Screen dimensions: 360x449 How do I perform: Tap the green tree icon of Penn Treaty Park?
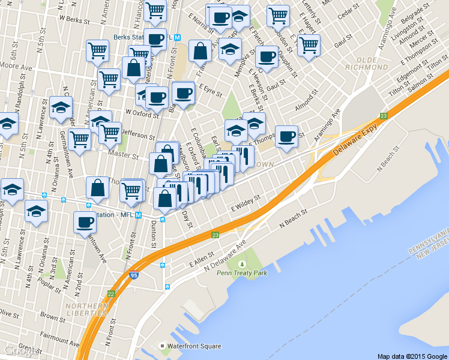point(241,263)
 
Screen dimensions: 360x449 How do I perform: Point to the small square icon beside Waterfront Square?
point(162,346)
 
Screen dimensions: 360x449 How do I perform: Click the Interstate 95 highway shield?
point(133,275)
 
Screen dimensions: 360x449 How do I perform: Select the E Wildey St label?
point(247,202)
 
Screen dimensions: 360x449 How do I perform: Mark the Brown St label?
point(48,315)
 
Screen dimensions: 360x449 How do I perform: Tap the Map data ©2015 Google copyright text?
point(412,356)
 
